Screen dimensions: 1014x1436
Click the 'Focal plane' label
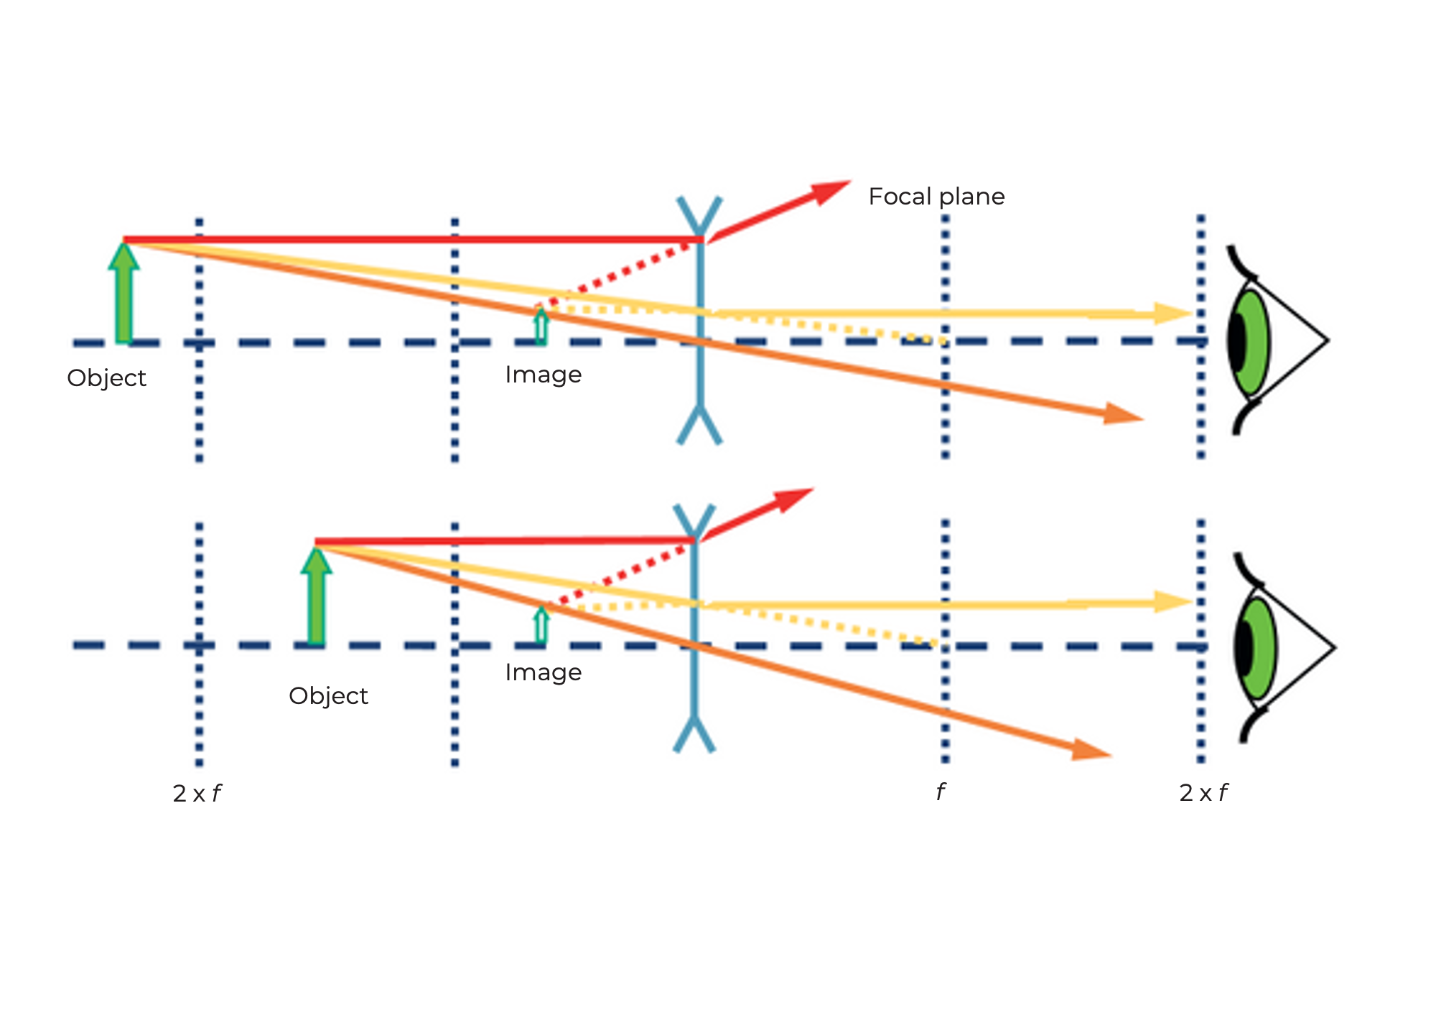936,197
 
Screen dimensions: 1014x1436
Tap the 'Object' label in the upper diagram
106,378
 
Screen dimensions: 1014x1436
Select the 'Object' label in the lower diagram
328,696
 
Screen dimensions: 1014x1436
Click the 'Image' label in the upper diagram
543,375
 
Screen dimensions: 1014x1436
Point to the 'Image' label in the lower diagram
543,672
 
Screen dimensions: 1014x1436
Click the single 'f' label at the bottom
941,792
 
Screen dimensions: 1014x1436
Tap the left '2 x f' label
197,794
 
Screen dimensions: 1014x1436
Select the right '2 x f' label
1203,793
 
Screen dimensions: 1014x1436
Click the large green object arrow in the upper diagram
123,294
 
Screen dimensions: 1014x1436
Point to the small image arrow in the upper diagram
541,326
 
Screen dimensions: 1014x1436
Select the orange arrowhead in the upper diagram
1122,414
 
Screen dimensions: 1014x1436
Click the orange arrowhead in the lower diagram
1090,749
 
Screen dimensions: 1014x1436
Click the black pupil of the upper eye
1237,342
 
